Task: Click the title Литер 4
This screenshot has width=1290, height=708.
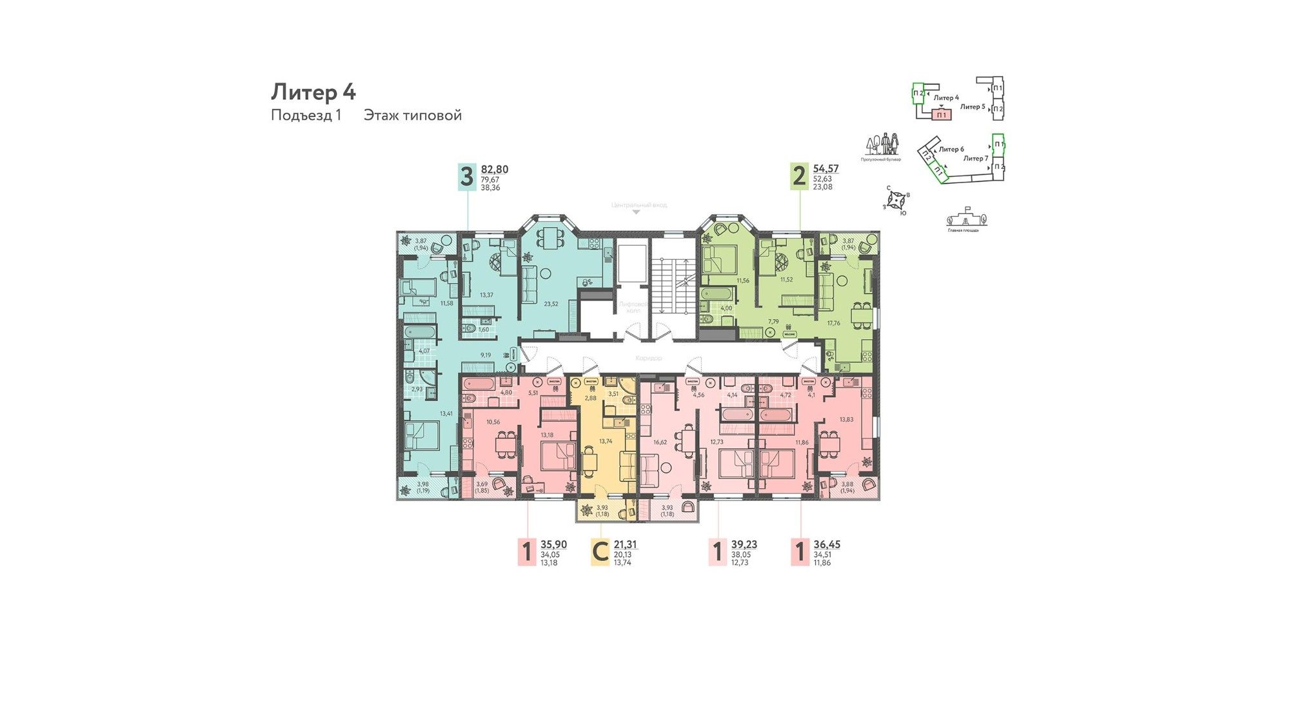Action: [313, 92]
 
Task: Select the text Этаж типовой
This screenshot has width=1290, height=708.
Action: [412, 115]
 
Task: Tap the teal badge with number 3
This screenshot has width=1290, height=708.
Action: [466, 176]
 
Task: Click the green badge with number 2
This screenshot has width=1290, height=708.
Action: [799, 176]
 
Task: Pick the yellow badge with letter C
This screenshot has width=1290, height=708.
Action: [600, 553]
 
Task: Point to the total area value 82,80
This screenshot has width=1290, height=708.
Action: [495, 170]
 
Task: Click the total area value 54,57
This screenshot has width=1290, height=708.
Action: [826, 169]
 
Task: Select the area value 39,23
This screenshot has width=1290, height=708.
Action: [744, 545]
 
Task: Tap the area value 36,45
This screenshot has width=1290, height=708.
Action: [827, 545]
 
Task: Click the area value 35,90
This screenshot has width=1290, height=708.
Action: [553, 545]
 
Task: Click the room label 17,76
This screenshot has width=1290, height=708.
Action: [833, 323]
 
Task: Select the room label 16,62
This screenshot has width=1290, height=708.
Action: [660, 442]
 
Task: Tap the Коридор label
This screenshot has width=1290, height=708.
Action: [648, 358]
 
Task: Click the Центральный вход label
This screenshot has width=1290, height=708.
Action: [639, 205]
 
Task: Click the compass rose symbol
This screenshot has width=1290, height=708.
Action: [896, 201]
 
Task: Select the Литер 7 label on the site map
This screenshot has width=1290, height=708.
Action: [975, 158]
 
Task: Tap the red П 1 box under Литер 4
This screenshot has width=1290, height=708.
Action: [942, 115]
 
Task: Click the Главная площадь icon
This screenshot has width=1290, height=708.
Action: [965, 219]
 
